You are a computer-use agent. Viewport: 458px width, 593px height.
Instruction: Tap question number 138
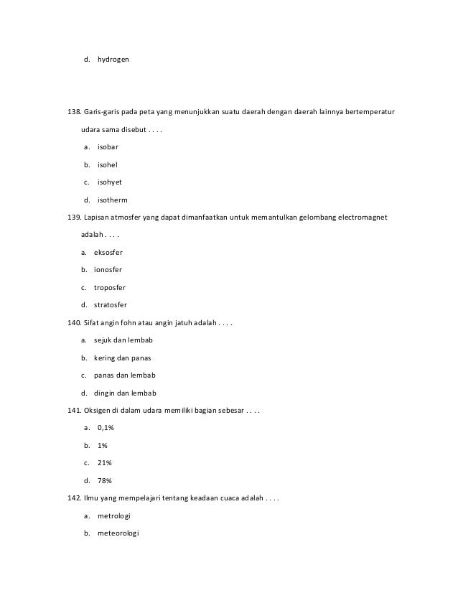click(x=74, y=113)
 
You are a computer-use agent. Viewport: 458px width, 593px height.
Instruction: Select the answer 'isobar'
click(x=108, y=147)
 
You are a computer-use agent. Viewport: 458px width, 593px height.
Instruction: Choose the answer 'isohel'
click(x=107, y=164)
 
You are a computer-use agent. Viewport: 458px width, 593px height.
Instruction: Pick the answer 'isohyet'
click(x=110, y=182)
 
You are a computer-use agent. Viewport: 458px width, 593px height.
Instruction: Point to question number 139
click(x=74, y=218)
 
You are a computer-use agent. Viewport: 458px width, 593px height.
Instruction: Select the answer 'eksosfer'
click(x=108, y=252)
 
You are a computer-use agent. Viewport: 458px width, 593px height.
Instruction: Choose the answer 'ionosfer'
click(x=108, y=270)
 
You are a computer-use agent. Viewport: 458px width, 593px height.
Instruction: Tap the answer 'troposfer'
click(x=110, y=287)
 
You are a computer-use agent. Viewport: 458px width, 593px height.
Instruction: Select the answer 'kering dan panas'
click(x=123, y=358)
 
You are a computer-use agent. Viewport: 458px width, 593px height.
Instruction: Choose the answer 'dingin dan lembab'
click(x=125, y=393)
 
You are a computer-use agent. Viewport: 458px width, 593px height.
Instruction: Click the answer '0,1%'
click(x=106, y=428)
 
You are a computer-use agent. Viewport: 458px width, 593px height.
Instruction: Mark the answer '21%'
click(x=103, y=463)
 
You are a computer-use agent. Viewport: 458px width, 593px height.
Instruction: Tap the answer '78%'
click(x=103, y=480)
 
